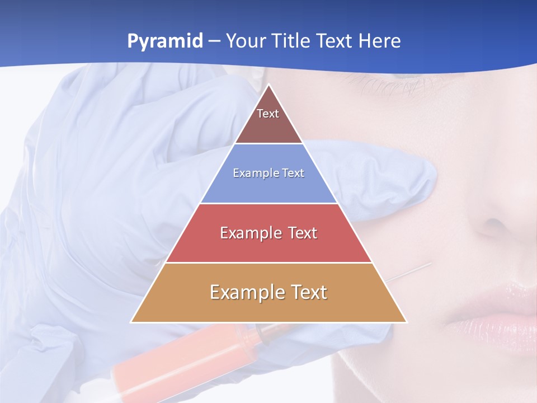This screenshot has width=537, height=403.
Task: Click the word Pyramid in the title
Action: [x=165, y=41]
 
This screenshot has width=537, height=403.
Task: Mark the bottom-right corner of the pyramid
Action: [x=406, y=322]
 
